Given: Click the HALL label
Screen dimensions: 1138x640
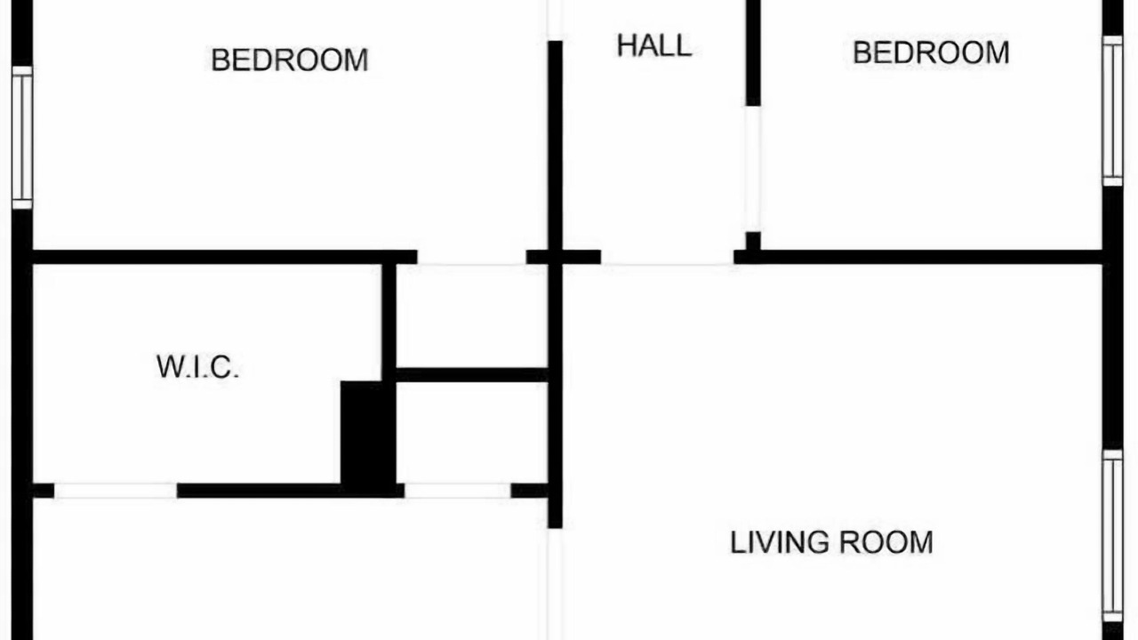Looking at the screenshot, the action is coord(653,45).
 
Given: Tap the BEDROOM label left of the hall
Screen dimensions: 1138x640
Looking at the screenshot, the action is coord(290,60).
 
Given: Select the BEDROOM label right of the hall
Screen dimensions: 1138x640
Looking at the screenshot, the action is coord(931,52).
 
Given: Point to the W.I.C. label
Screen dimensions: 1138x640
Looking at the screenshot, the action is coord(197,367).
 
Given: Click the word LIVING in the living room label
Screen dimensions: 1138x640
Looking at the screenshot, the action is coord(780,542).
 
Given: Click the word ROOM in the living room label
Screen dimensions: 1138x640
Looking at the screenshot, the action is coord(886,542).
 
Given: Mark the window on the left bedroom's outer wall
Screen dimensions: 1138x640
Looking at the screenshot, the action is coord(22,137).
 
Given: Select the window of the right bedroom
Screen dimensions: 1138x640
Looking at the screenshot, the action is coord(1112,111).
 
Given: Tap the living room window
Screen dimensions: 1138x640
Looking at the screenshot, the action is coord(1112,536).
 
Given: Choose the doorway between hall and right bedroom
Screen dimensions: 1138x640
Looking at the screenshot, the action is coord(753,169).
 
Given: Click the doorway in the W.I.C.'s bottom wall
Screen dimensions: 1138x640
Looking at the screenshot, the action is coord(116,491).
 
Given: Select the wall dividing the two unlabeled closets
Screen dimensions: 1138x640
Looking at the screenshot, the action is coord(472,375).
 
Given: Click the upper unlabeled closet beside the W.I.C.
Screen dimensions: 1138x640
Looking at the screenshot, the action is coord(472,316).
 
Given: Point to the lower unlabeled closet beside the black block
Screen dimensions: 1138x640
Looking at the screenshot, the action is coord(472,432).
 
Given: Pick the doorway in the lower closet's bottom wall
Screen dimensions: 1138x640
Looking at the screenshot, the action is coord(457,491).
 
